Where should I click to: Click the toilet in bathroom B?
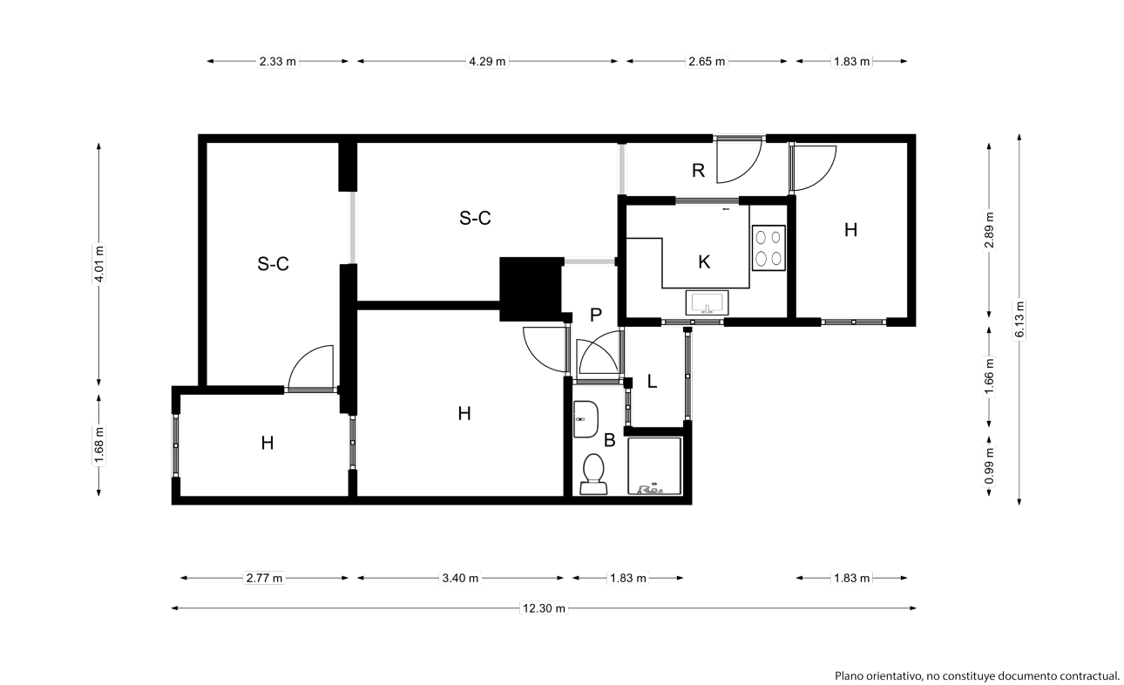(593, 474)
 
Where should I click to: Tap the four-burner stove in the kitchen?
(769, 248)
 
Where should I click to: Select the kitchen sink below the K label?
(707, 302)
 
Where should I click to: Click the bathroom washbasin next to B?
(586, 419)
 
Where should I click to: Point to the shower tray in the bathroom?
(654, 466)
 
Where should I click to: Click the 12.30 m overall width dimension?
(544, 608)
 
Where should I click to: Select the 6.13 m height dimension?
(1019, 319)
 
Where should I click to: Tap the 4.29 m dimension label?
(487, 61)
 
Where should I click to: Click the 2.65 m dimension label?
(707, 61)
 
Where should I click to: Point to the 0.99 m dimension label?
(989, 465)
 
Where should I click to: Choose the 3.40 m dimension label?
(460, 578)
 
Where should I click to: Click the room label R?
(698, 171)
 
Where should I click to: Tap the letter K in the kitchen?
(704, 261)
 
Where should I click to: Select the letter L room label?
(652, 382)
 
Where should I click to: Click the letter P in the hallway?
(596, 315)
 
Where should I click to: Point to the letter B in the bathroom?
(609, 440)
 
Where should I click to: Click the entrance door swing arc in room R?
(751, 170)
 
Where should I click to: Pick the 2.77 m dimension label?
(264, 578)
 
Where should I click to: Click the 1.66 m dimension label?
(989, 376)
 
